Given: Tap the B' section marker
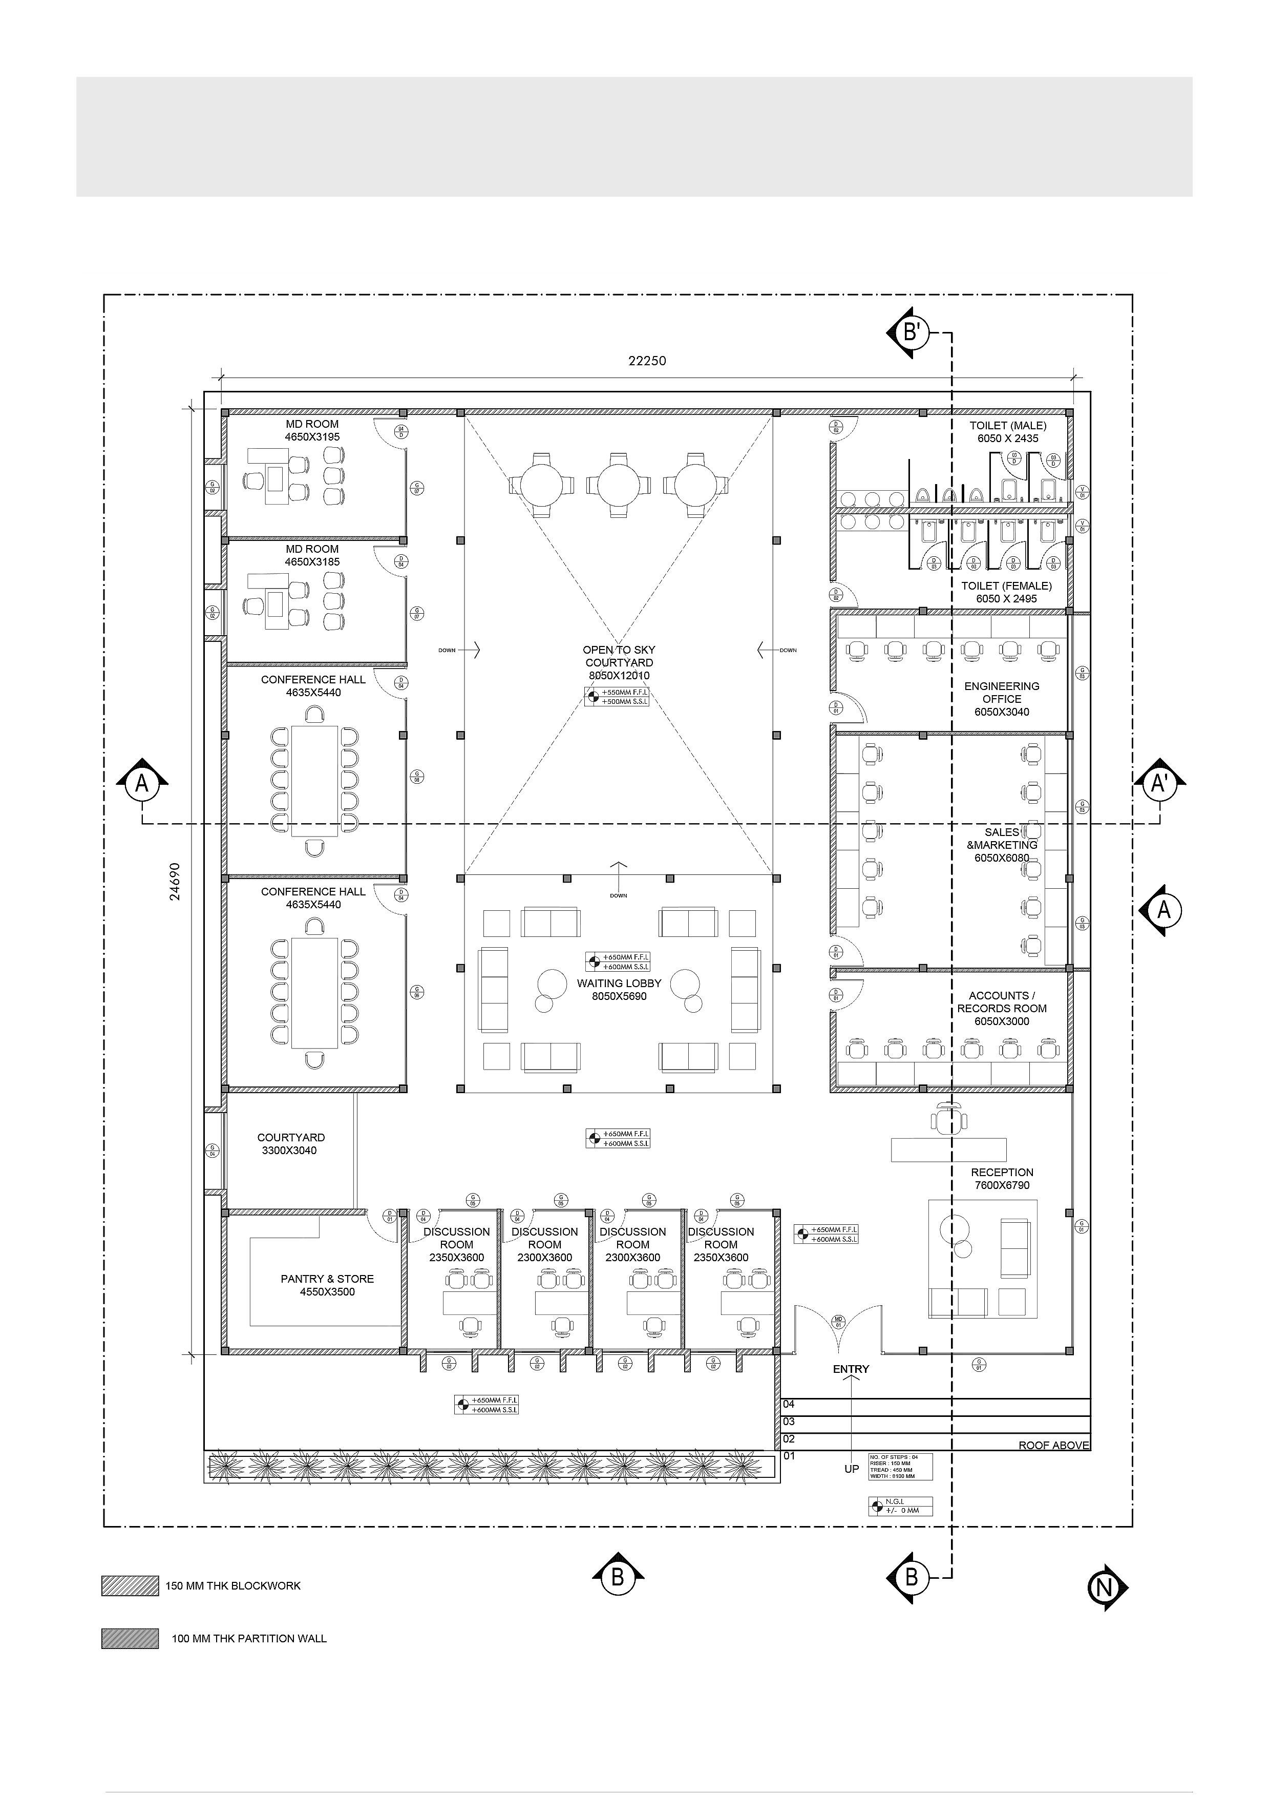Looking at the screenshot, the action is pos(910,332).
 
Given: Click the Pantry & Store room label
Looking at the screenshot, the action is pos(327,1285).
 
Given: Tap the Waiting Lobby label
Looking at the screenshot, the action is pos(619,989).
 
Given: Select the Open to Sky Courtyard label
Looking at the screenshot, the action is pos(619,662).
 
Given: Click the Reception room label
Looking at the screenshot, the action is pos(1002,1179).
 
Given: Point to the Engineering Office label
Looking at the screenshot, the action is pos(1002,699).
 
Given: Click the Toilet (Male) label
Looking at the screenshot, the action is pos(1008,432).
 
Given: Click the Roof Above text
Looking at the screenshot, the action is pos(1053,1445).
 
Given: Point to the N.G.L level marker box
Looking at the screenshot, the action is pos(900,1506).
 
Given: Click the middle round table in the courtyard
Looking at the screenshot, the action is pos(619,485).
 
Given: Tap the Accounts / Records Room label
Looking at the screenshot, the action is pos(1002,1008).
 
